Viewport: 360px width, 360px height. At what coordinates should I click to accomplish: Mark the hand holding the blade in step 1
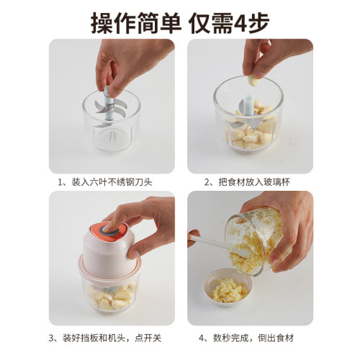[126, 61]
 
